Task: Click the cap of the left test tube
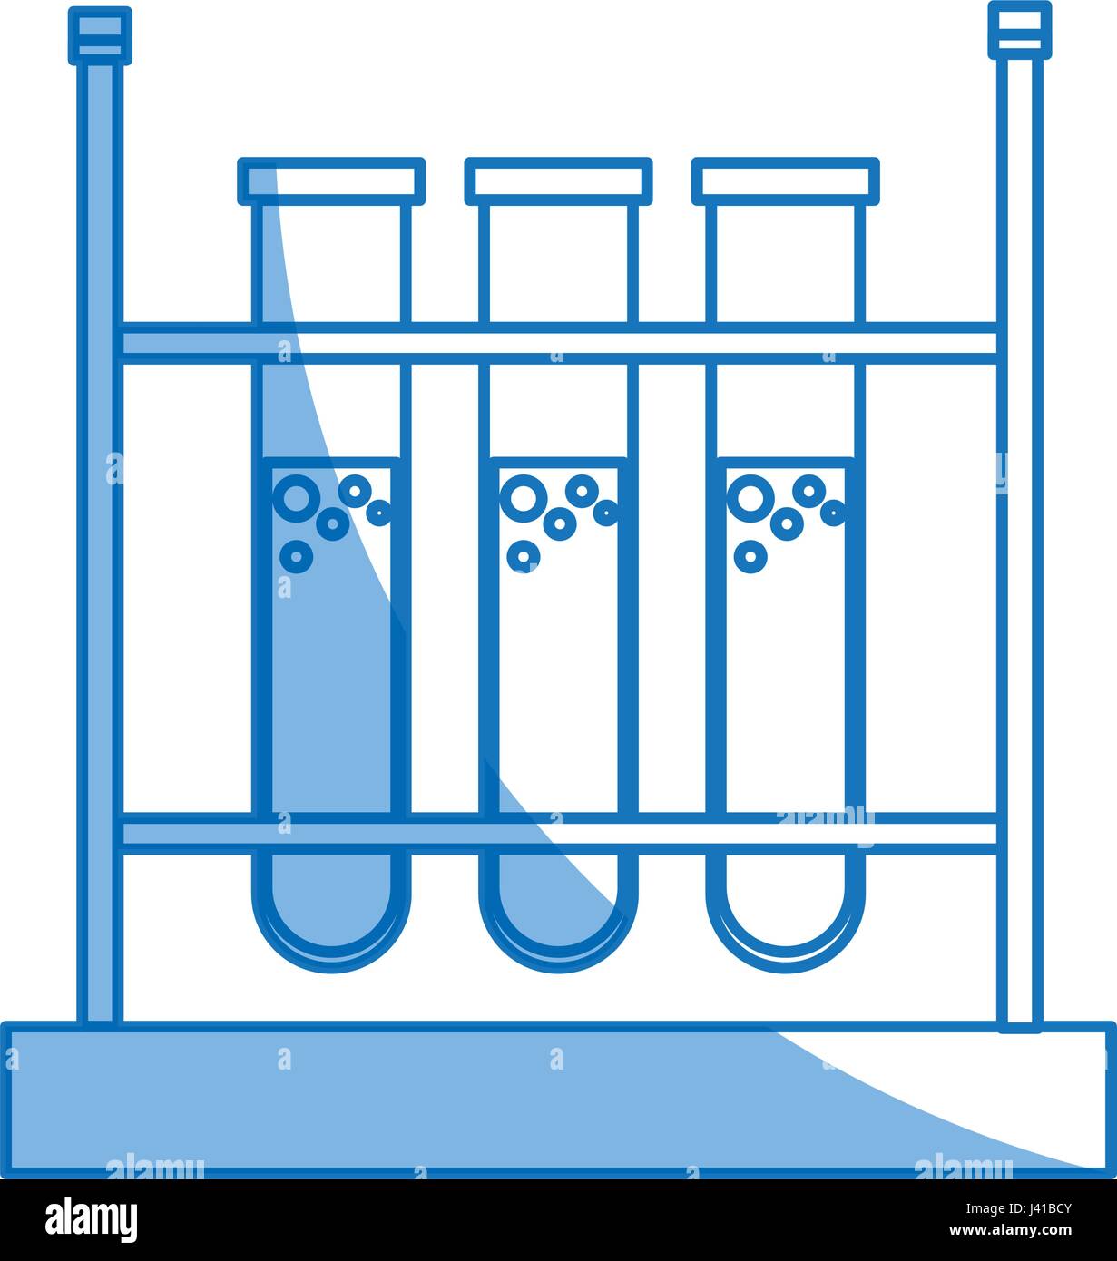pos(331,181)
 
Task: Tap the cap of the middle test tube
pos(558,181)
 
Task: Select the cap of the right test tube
pos(786,181)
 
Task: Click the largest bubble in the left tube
pos(296,497)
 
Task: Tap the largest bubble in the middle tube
pos(524,497)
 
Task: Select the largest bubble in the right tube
pos(750,497)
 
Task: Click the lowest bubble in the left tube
pos(296,555)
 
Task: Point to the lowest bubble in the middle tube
pos(524,555)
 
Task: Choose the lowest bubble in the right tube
pos(750,555)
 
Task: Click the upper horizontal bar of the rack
pos(558,343)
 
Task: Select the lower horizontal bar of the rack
pos(558,833)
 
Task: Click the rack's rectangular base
pos(558,1100)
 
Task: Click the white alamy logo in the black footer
pos(91,1220)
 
